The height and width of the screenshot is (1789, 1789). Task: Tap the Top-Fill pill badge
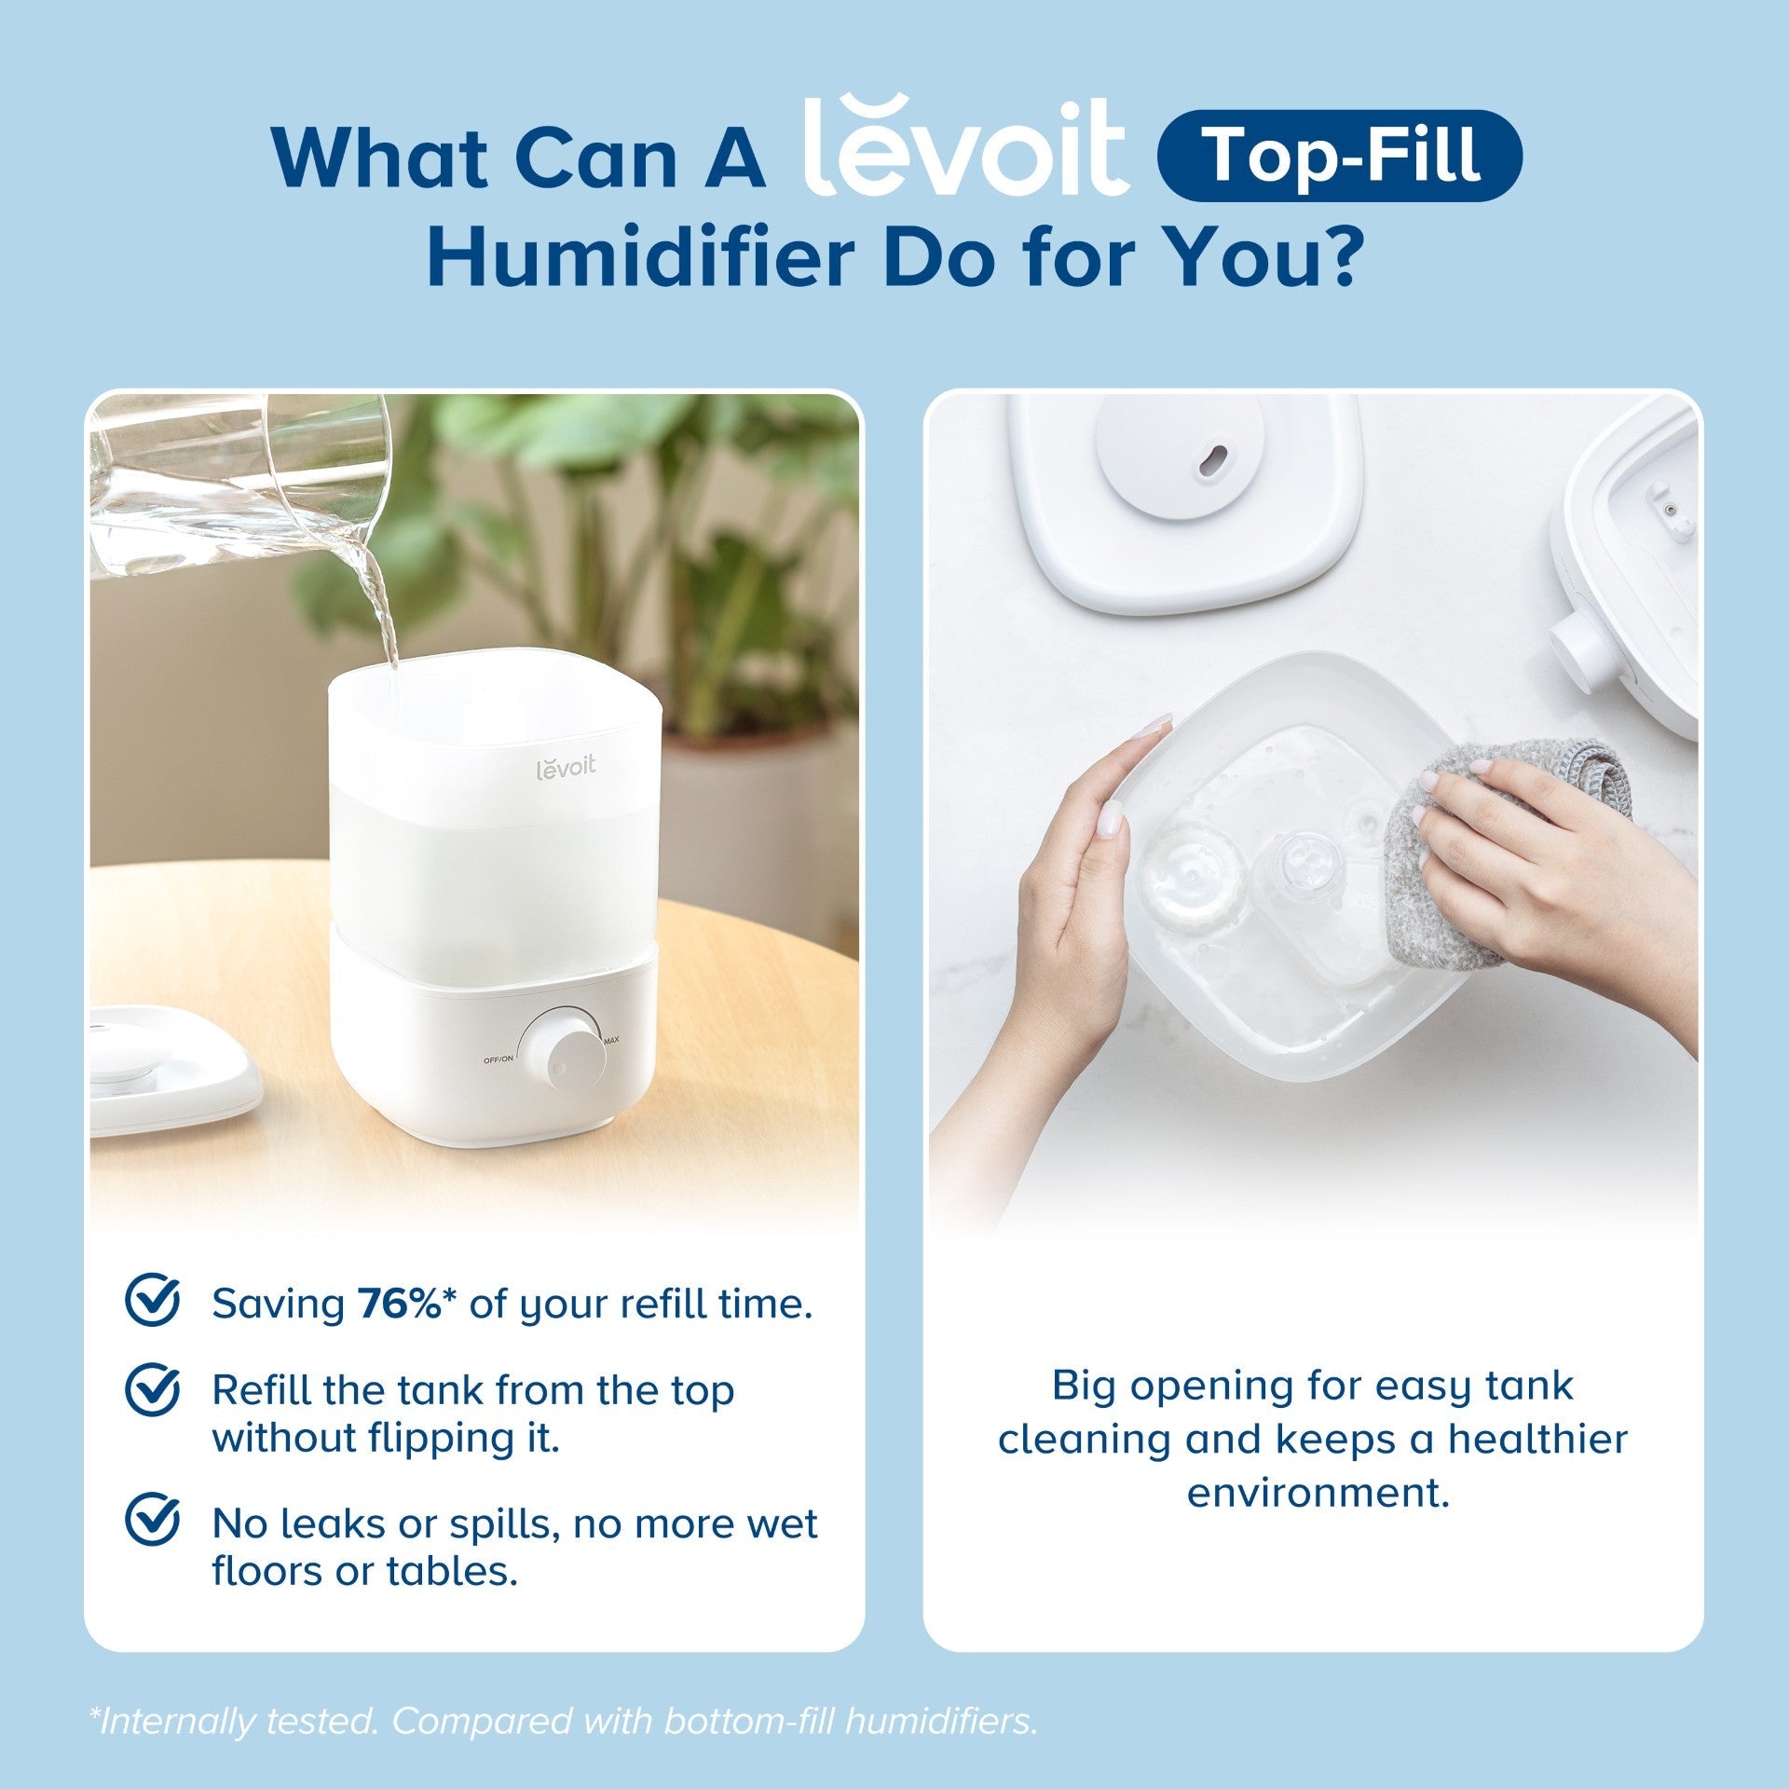pyautogui.click(x=1339, y=156)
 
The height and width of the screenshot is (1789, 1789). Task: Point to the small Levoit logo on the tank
pyautogui.click(x=566, y=769)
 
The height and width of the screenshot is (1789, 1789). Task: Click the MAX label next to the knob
pyautogui.click(x=612, y=1040)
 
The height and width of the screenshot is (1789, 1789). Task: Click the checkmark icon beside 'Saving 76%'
pyautogui.click(x=152, y=1301)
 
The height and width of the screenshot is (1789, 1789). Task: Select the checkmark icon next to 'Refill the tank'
pyautogui.click(x=152, y=1389)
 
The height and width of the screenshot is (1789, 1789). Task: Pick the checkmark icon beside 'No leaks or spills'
pyautogui.click(x=152, y=1520)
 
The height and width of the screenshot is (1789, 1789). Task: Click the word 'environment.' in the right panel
pyautogui.click(x=1318, y=1494)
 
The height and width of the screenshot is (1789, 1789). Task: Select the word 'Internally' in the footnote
pyautogui.click(x=168, y=1722)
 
